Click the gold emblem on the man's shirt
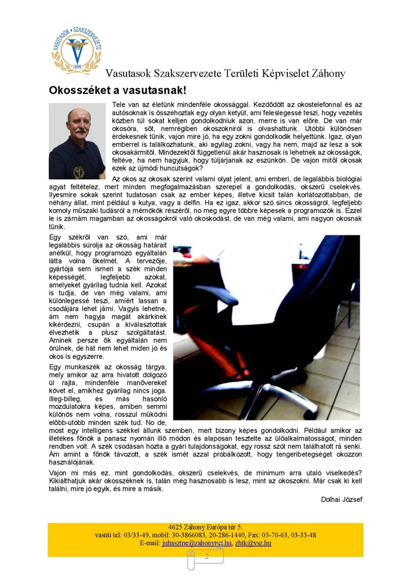click(x=79, y=172)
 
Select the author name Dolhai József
click(x=341, y=499)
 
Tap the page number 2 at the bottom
click(x=207, y=556)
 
